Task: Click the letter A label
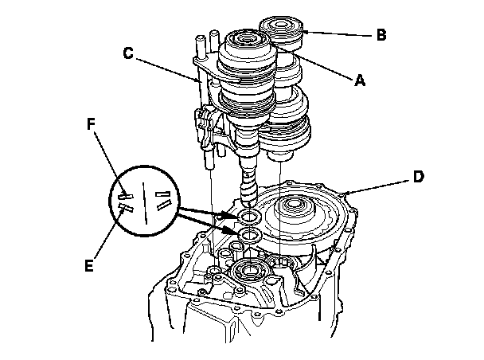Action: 359,79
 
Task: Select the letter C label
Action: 128,54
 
